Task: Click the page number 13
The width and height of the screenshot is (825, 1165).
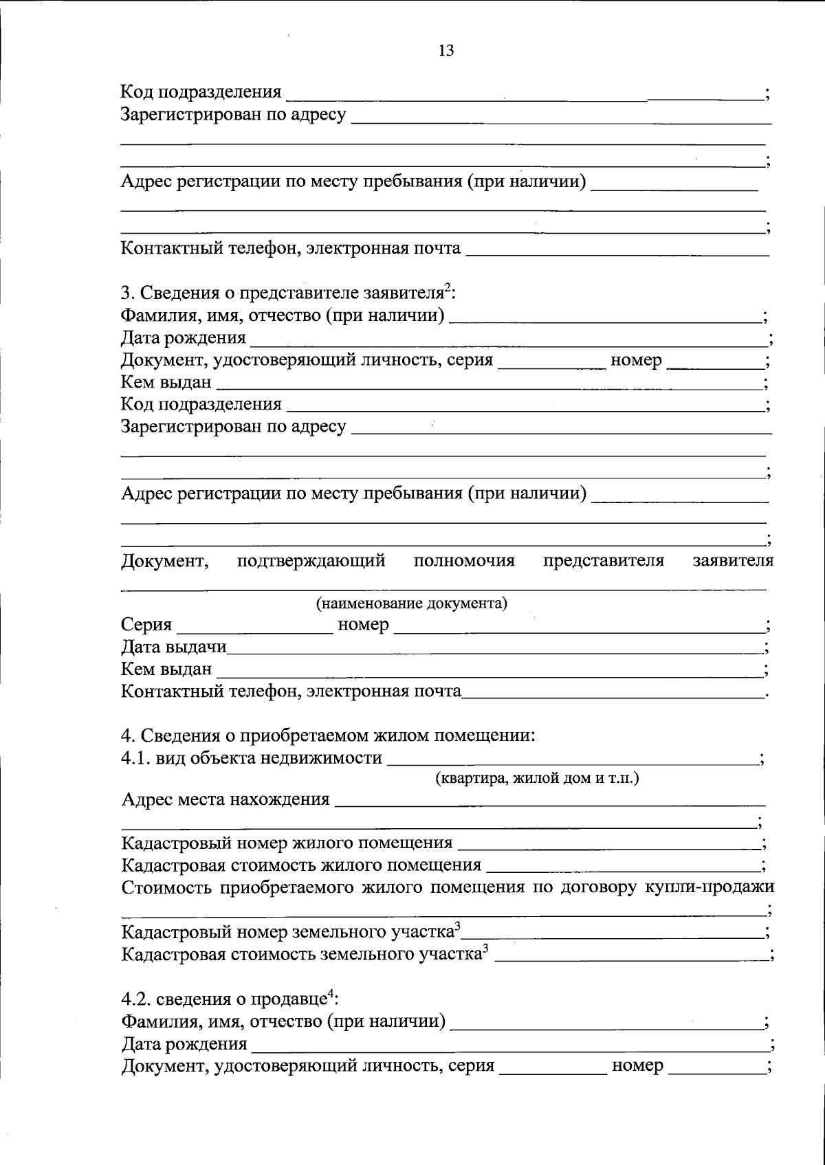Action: click(445, 51)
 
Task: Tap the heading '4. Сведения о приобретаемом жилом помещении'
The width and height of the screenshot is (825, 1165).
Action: click(328, 735)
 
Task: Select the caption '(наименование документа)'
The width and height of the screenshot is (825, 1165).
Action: click(411, 603)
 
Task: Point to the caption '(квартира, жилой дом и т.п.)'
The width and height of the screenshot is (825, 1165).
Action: click(537, 779)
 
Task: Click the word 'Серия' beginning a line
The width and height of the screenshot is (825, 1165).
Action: click(146, 625)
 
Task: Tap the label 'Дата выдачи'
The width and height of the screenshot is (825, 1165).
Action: click(174, 647)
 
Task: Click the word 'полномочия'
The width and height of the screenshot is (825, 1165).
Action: click(464, 561)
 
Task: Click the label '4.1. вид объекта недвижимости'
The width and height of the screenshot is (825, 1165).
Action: click(252, 758)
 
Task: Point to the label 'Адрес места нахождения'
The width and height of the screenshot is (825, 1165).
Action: click(225, 800)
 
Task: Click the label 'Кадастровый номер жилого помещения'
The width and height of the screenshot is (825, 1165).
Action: click(287, 843)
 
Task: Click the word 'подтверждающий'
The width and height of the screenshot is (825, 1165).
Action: click(311, 561)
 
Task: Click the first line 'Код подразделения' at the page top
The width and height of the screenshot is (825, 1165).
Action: click(201, 92)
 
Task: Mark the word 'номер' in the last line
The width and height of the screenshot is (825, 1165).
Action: click(637, 1066)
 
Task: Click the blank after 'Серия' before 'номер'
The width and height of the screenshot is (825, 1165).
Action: click(254, 627)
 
